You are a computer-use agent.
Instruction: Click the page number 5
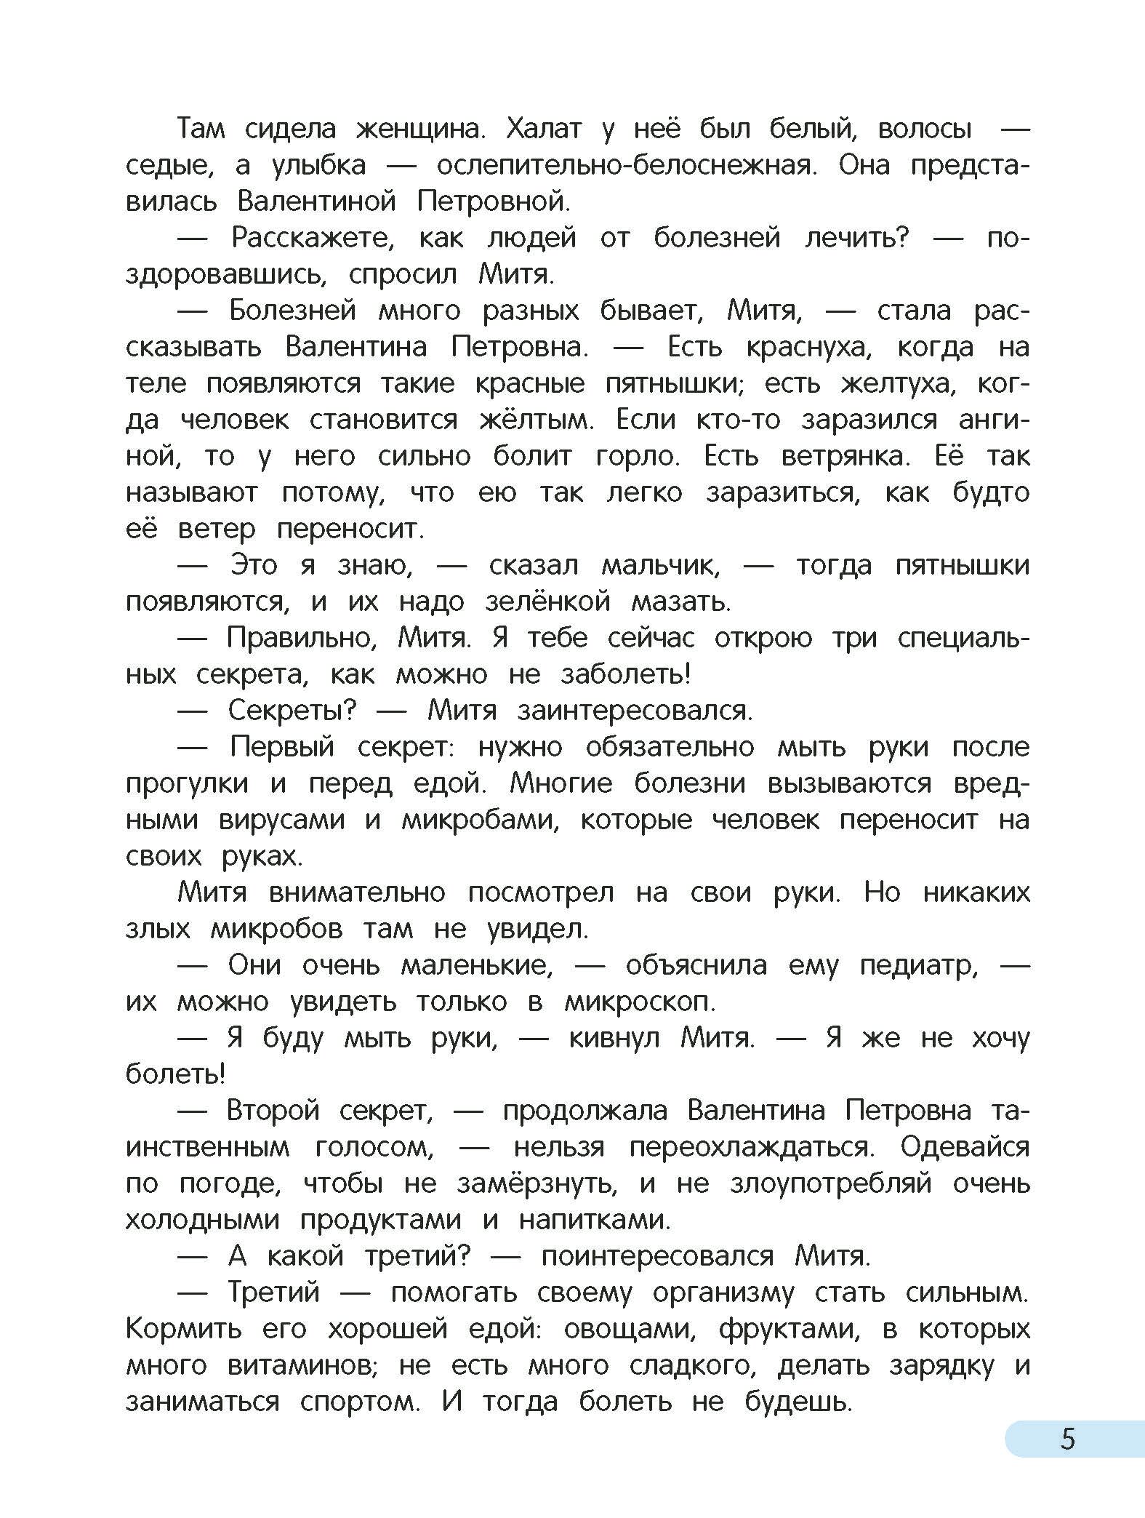point(1067,1439)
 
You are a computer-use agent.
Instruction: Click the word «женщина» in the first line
point(419,130)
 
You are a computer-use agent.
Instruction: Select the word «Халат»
point(543,130)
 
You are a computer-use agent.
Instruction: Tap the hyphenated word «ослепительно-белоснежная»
point(627,167)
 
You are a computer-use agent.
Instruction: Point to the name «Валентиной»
point(316,201)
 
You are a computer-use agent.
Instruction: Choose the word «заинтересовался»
point(635,711)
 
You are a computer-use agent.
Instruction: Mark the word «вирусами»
point(281,820)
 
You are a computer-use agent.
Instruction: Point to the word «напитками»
point(594,1221)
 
